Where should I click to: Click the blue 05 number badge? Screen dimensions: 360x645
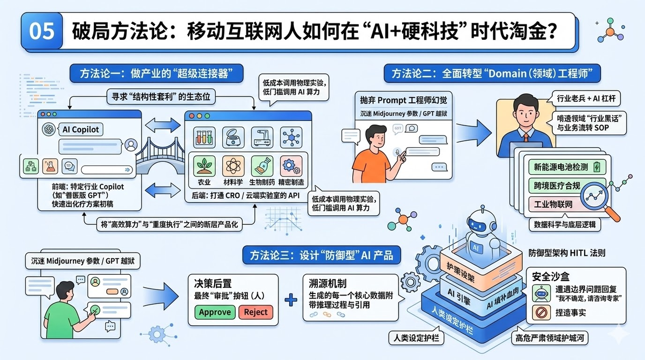click(x=41, y=31)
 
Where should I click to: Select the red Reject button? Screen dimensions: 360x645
click(x=255, y=312)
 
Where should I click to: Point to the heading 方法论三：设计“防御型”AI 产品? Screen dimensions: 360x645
click(x=321, y=255)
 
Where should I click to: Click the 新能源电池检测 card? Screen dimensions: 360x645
click(x=566, y=166)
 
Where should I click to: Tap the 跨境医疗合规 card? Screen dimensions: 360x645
click(x=557, y=186)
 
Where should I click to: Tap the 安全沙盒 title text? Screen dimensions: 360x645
click(x=551, y=276)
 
